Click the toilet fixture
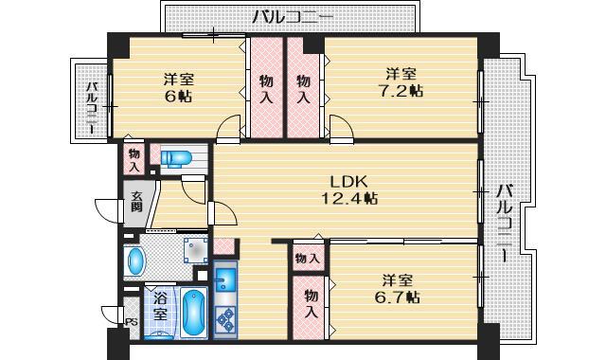point(177,158)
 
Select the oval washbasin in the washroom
point(135,260)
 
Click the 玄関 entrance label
point(135,207)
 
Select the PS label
point(130,321)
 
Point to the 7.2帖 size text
point(401,91)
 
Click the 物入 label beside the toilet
point(134,158)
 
